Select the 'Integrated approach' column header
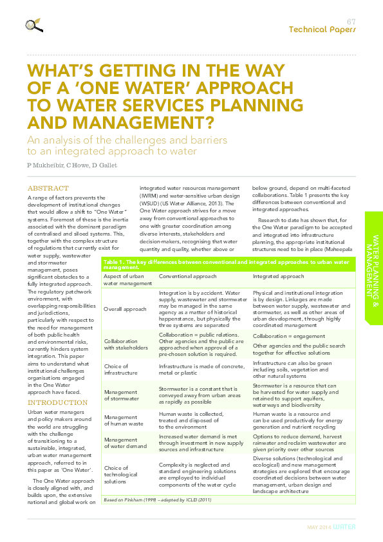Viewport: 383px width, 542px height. tap(278, 276)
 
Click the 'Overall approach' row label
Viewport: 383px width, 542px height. tap(125, 309)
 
